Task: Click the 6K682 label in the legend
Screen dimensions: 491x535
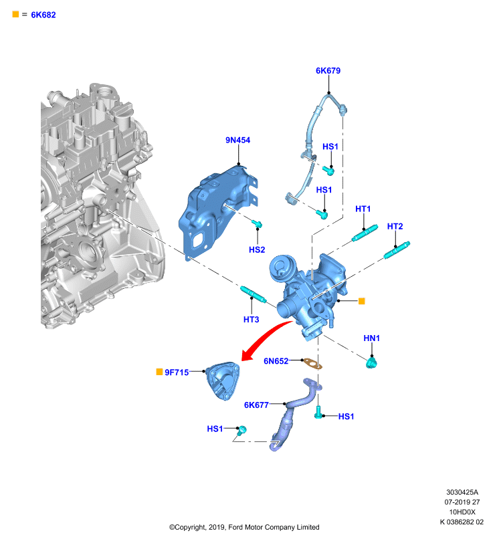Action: [43, 15]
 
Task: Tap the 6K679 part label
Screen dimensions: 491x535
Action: [328, 71]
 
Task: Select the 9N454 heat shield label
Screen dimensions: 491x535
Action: [238, 140]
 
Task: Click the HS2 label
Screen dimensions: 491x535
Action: [257, 249]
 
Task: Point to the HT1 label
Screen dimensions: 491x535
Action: [363, 209]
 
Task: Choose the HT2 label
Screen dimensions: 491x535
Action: [395, 227]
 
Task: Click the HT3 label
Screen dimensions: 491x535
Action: [251, 320]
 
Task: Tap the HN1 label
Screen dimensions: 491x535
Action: [371, 338]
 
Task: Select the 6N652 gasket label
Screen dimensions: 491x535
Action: [276, 361]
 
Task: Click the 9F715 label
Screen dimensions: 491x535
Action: [177, 372]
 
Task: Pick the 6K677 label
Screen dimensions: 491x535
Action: [256, 405]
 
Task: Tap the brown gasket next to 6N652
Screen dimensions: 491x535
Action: [312, 364]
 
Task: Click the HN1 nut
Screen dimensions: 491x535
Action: [371, 362]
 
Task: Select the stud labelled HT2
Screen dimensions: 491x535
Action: [397, 250]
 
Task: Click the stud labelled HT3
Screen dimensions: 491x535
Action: [253, 294]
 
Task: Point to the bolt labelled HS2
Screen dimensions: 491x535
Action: [258, 224]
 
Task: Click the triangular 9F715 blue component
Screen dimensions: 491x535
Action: [223, 381]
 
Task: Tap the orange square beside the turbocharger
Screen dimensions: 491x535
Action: [362, 301]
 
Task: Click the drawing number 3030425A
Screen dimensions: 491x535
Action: [462, 492]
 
